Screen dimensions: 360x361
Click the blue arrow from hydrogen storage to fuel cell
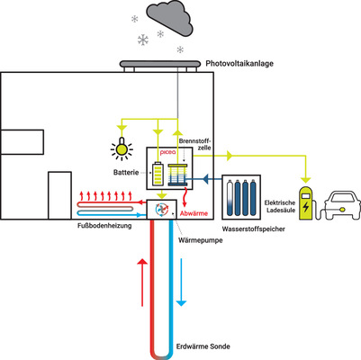[210, 179]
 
